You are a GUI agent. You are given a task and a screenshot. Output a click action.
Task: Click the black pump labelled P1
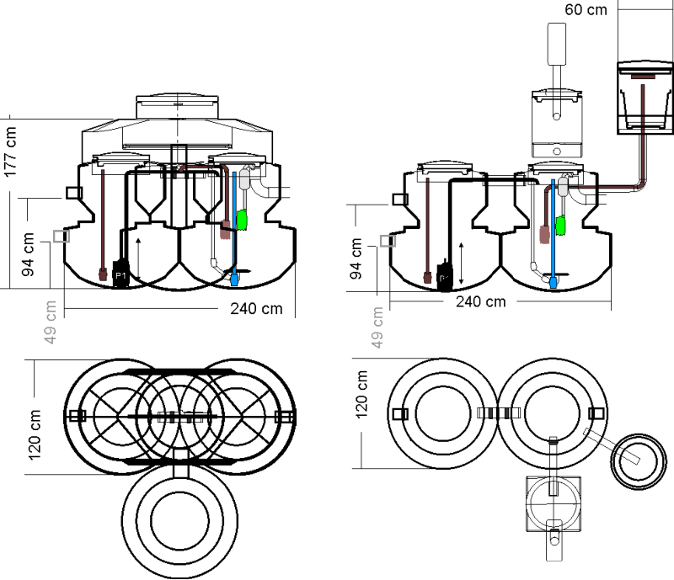(x=120, y=274)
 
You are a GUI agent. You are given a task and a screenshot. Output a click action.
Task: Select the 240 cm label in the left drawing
(x=256, y=308)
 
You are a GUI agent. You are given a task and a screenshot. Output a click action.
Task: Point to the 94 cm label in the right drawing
(x=357, y=261)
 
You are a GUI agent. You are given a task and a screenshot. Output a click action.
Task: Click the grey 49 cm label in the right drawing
(x=377, y=326)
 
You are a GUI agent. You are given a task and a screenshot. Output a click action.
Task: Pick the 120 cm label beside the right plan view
(x=361, y=394)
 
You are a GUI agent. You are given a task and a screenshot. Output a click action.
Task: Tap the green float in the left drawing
(x=242, y=220)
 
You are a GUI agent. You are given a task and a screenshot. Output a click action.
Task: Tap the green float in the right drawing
(x=559, y=226)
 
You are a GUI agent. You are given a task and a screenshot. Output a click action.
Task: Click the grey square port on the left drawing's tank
(x=60, y=237)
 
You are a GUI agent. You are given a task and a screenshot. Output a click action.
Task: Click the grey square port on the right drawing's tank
(x=387, y=242)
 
